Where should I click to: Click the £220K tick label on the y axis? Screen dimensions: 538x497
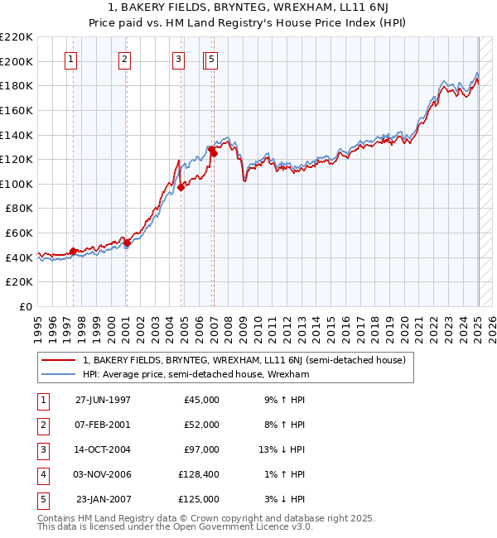17,37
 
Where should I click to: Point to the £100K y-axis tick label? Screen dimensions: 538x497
17,184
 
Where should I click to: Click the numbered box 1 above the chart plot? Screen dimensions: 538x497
71,59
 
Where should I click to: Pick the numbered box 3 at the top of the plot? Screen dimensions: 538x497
178,59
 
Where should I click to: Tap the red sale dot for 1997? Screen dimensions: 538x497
73,251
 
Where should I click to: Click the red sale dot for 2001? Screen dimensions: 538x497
127,243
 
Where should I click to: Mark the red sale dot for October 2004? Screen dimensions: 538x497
181,188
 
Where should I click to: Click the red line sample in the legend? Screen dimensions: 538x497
58,361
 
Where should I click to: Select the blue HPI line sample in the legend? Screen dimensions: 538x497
58,374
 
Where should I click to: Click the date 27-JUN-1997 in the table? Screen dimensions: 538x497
103,400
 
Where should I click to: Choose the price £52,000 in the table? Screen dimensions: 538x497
199,425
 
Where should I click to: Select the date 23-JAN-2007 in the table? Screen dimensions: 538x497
103,499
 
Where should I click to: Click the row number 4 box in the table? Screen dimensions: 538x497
41,474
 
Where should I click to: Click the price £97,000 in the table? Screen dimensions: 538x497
199,449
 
